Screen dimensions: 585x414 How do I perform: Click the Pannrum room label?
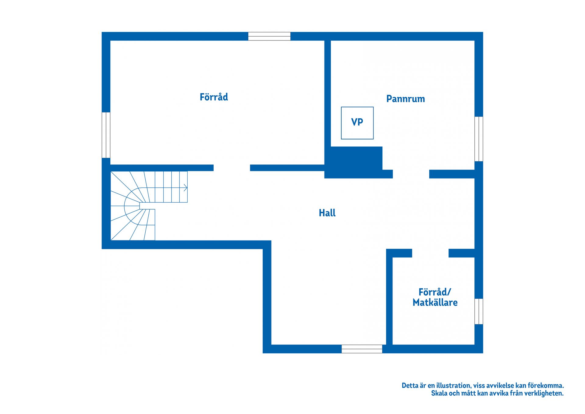406,99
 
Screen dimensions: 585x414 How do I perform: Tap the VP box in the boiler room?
357,123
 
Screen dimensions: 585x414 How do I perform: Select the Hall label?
327,213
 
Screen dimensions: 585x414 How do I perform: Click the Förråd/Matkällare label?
435,297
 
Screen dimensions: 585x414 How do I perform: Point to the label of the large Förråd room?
214,97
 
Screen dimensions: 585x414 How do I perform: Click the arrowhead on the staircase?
186,188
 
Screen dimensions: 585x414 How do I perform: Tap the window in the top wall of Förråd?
269,36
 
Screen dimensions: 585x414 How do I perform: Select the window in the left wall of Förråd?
106,135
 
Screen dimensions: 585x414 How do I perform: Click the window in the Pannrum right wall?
479,139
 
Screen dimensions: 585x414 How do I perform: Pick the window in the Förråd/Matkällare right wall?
479,311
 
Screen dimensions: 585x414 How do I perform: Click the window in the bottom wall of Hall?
362,349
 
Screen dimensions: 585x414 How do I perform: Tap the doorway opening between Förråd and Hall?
232,168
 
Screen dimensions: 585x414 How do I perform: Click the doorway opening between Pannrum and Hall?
411,174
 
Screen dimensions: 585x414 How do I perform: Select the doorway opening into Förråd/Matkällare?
430,253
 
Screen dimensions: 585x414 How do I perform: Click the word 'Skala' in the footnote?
439,394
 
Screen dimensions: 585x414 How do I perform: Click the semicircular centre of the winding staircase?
132,206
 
